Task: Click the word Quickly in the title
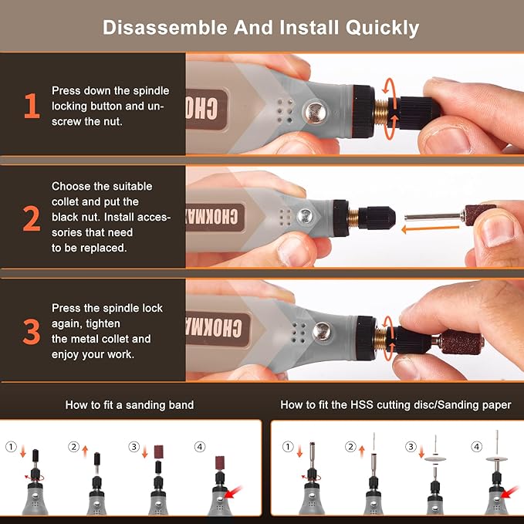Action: pos(382,28)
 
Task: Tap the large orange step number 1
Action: pos(32,106)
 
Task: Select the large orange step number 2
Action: pos(32,218)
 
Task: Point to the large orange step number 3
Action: pos(32,332)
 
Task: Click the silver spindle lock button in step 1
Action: pos(314,112)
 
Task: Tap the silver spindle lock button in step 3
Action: pos(322,331)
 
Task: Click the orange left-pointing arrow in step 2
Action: pos(430,229)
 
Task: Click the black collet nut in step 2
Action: pos(377,218)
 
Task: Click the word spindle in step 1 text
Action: pos(151,91)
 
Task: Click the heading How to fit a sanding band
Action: pos(130,405)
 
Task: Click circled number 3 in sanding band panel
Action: pos(134,447)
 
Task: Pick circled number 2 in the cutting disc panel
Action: pos(350,447)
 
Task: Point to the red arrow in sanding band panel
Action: pos(233,492)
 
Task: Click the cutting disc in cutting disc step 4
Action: pos(496,458)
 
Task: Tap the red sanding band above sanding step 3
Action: pos(158,451)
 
